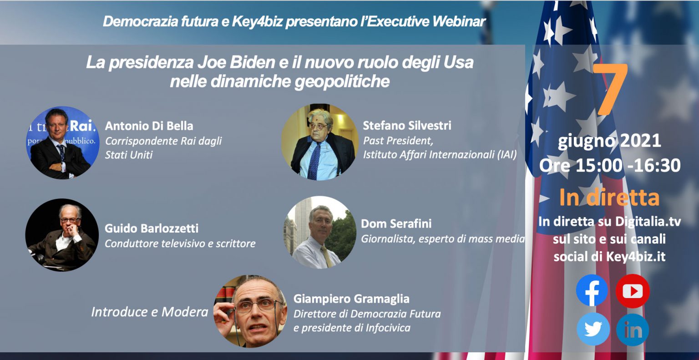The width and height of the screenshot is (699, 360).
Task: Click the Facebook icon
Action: click(x=592, y=291)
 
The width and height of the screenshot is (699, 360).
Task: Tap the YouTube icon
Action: click(x=633, y=291)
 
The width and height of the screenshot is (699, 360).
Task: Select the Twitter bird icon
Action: click(x=593, y=329)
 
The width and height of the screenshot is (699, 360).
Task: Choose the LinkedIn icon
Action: click(x=633, y=330)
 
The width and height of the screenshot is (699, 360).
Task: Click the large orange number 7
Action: click(x=611, y=89)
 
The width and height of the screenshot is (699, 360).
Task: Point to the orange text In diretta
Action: click(x=609, y=198)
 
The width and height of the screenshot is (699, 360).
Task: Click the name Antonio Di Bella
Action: click(x=149, y=126)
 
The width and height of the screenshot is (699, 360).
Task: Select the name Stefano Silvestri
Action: click(x=407, y=126)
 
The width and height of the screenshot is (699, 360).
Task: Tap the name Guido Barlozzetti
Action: click(x=152, y=228)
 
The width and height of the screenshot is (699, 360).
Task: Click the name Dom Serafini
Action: click(x=396, y=223)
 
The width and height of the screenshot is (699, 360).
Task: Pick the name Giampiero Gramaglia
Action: click(x=351, y=299)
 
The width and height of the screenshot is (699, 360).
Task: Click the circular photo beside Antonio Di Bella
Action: click(x=63, y=142)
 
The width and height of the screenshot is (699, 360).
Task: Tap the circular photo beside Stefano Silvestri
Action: click(x=319, y=142)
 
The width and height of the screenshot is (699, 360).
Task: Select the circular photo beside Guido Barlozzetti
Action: click(x=62, y=235)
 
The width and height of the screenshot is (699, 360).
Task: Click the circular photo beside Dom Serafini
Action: click(x=320, y=233)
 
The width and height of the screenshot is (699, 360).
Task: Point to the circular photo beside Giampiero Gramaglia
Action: click(x=250, y=311)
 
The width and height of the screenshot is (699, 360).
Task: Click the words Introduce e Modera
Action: click(x=149, y=312)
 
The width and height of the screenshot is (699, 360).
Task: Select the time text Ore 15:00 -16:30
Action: click(x=610, y=165)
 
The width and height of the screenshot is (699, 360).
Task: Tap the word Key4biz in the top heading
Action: click(x=257, y=21)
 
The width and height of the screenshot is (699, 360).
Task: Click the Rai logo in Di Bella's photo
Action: click(x=81, y=126)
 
